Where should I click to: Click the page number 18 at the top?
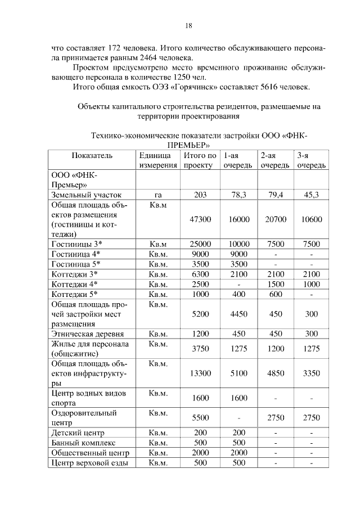(x=189, y=25)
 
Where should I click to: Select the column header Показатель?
(x=92, y=155)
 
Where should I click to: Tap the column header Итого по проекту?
(x=200, y=160)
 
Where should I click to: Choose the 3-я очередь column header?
(x=311, y=160)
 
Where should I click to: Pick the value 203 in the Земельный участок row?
(x=200, y=195)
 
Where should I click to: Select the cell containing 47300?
(x=200, y=219)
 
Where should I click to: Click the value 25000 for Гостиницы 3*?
(x=200, y=244)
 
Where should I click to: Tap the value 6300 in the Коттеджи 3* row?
(x=200, y=274)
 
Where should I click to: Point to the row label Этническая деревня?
(x=87, y=334)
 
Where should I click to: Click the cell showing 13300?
(x=200, y=373)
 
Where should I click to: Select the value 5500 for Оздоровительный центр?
(x=200, y=418)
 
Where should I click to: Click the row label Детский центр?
(x=78, y=433)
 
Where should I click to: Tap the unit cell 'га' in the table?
(x=158, y=195)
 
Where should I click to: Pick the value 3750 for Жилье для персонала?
(x=200, y=349)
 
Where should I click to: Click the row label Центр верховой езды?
(x=89, y=463)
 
